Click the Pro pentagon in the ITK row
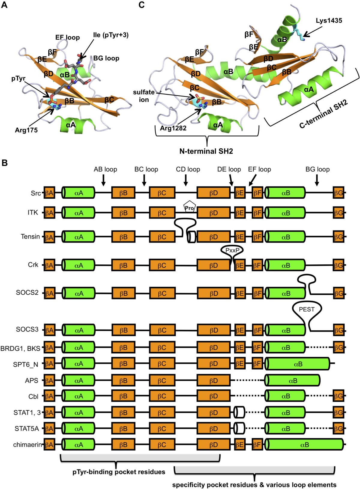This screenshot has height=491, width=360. (x=190, y=207)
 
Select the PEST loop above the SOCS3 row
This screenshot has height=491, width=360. (x=307, y=309)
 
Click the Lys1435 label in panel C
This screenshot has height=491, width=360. (x=329, y=21)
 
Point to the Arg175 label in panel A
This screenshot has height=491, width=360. (x=26, y=130)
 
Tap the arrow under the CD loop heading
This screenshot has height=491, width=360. (x=186, y=180)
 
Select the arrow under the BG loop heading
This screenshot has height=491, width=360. (x=317, y=180)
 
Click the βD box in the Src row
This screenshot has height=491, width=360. (x=213, y=193)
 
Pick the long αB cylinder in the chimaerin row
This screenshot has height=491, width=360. (x=304, y=445)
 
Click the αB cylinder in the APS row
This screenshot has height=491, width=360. (x=292, y=381)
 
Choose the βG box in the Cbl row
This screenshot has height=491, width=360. (x=338, y=396)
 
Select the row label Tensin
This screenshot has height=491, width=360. (x=30, y=237)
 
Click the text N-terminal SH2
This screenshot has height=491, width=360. (x=206, y=151)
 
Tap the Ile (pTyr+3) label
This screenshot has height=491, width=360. (x=111, y=35)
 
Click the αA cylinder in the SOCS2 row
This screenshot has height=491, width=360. (x=79, y=293)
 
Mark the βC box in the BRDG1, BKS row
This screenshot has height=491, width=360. (x=162, y=348)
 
